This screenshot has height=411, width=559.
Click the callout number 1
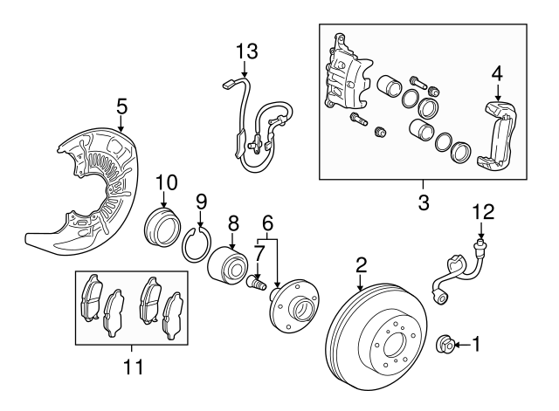pyautogui.click(x=477, y=344)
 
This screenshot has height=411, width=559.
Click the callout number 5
pyautogui.click(x=122, y=107)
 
